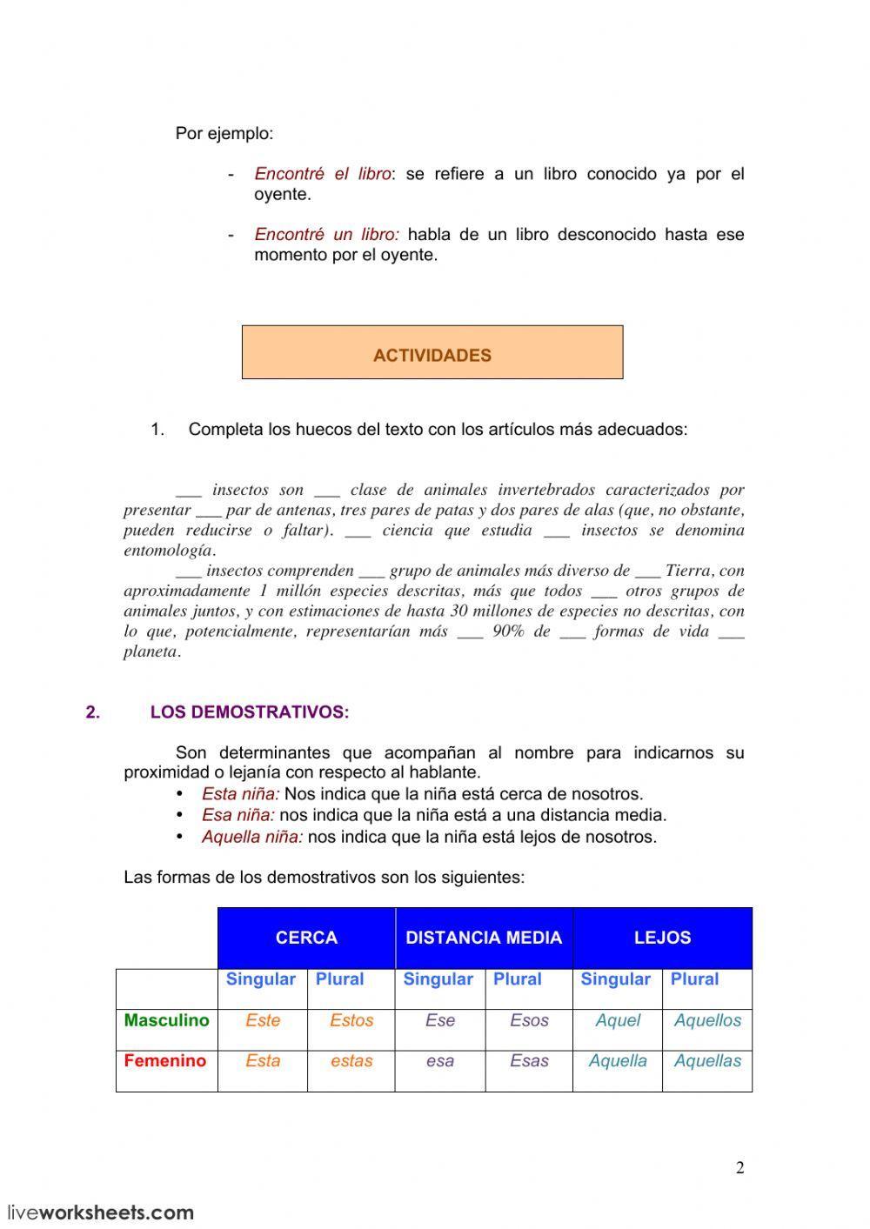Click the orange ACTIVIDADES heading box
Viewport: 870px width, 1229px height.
[x=432, y=353]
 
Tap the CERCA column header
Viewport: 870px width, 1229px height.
[x=306, y=938]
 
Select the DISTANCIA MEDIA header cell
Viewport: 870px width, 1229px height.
[x=484, y=938]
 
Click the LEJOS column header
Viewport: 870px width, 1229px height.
[x=662, y=938]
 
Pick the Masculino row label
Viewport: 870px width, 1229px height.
[x=166, y=1020]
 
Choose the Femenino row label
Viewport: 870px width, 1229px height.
[x=165, y=1061]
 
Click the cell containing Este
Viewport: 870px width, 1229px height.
[x=263, y=1021]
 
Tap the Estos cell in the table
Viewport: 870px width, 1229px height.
[x=351, y=1021]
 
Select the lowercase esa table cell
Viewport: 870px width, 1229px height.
[x=440, y=1061]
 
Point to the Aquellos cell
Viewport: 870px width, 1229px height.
[x=707, y=1021]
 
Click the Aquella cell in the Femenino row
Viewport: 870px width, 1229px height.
[x=618, y=1061]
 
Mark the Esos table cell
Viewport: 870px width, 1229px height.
[x=529, y=1021]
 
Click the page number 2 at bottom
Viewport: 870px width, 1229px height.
[x=740, y=1168]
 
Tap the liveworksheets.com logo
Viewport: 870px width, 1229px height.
[x=101, y=1212]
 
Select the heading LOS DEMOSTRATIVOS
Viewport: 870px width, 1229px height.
[x=250, y=712]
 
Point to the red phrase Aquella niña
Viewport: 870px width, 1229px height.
[x=252, y=837]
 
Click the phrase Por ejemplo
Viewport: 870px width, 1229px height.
[x=224, y=134]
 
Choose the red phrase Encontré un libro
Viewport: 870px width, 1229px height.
[x=326, y=235]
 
